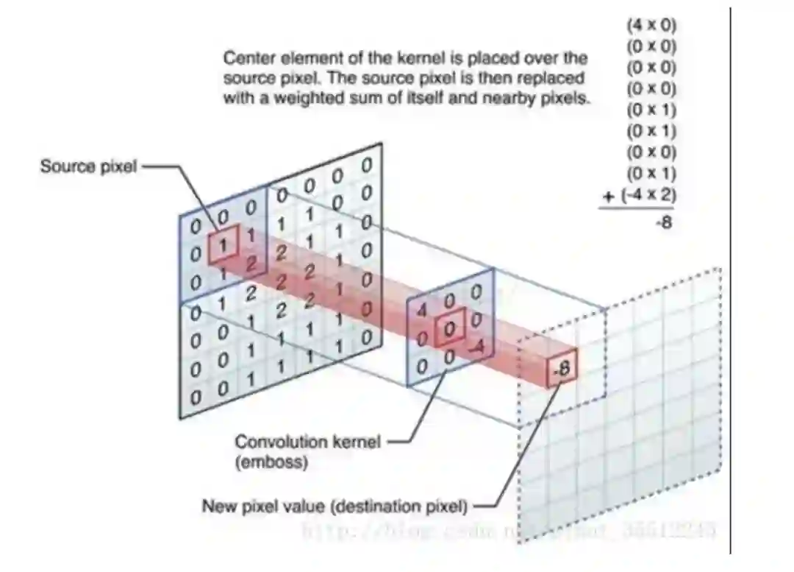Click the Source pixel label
(x=88, y=166)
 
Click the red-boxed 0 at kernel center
(x=449, y=329)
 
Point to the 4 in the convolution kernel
(x=421, y=310)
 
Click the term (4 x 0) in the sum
(x=651, y=25)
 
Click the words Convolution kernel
(x=307, y=442)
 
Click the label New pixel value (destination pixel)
(x=334, y=506)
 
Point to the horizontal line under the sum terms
(x=635, y=209)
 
